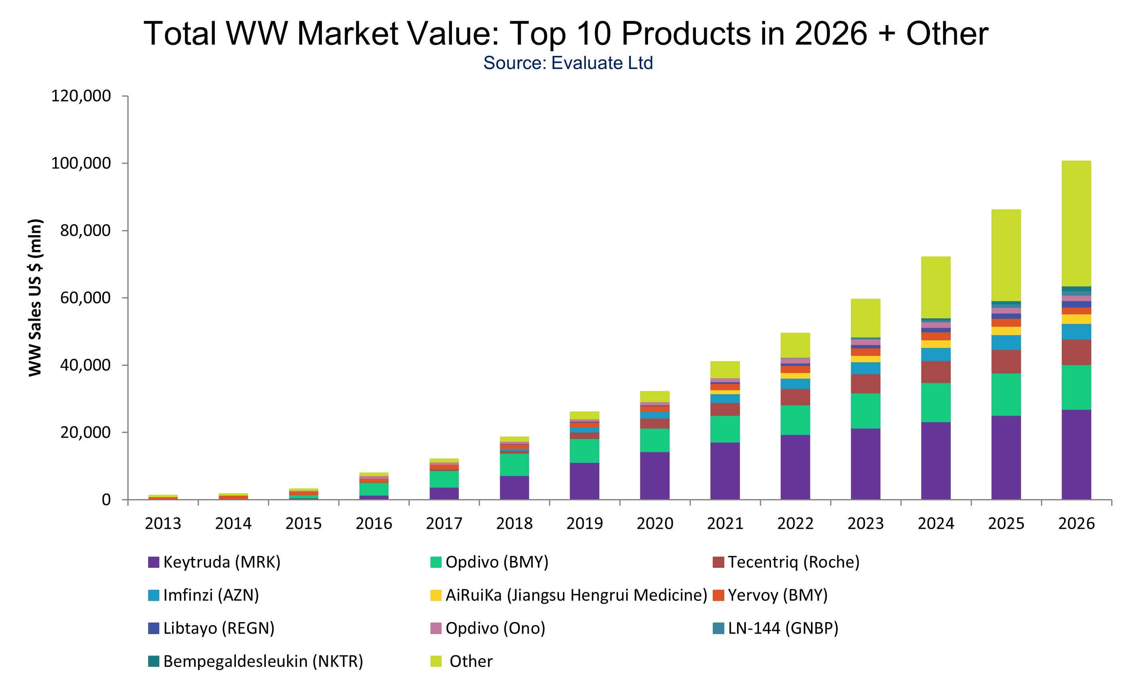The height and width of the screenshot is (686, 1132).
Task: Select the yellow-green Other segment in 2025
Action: (x=1006, y=255)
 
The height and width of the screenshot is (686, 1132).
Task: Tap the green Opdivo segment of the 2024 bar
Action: (x=936, y=402)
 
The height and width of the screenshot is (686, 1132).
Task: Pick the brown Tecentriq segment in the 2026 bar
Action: (x=1076, y=352)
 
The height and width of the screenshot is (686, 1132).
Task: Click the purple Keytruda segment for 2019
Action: (x=585, y=481)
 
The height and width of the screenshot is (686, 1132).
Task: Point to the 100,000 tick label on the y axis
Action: (x=81, y=163)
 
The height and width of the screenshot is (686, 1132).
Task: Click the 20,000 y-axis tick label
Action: (x=85, y=432)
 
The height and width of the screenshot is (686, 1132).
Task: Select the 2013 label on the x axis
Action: (x=163, y=523)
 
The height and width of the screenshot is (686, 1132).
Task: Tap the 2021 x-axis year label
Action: (x=725, y=523)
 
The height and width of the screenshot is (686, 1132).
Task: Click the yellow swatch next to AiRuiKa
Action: (x=436, y=595)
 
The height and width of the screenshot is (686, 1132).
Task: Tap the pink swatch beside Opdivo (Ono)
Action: (x=436, y=629)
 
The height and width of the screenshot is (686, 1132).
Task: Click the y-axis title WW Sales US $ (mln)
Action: (x=36, y=298)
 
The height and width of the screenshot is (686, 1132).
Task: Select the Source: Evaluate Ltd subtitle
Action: (x=568, y=63)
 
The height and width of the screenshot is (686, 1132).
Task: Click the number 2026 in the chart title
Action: (x=831, y=34)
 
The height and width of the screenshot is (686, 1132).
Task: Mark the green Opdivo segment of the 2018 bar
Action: (x=514, y=464)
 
